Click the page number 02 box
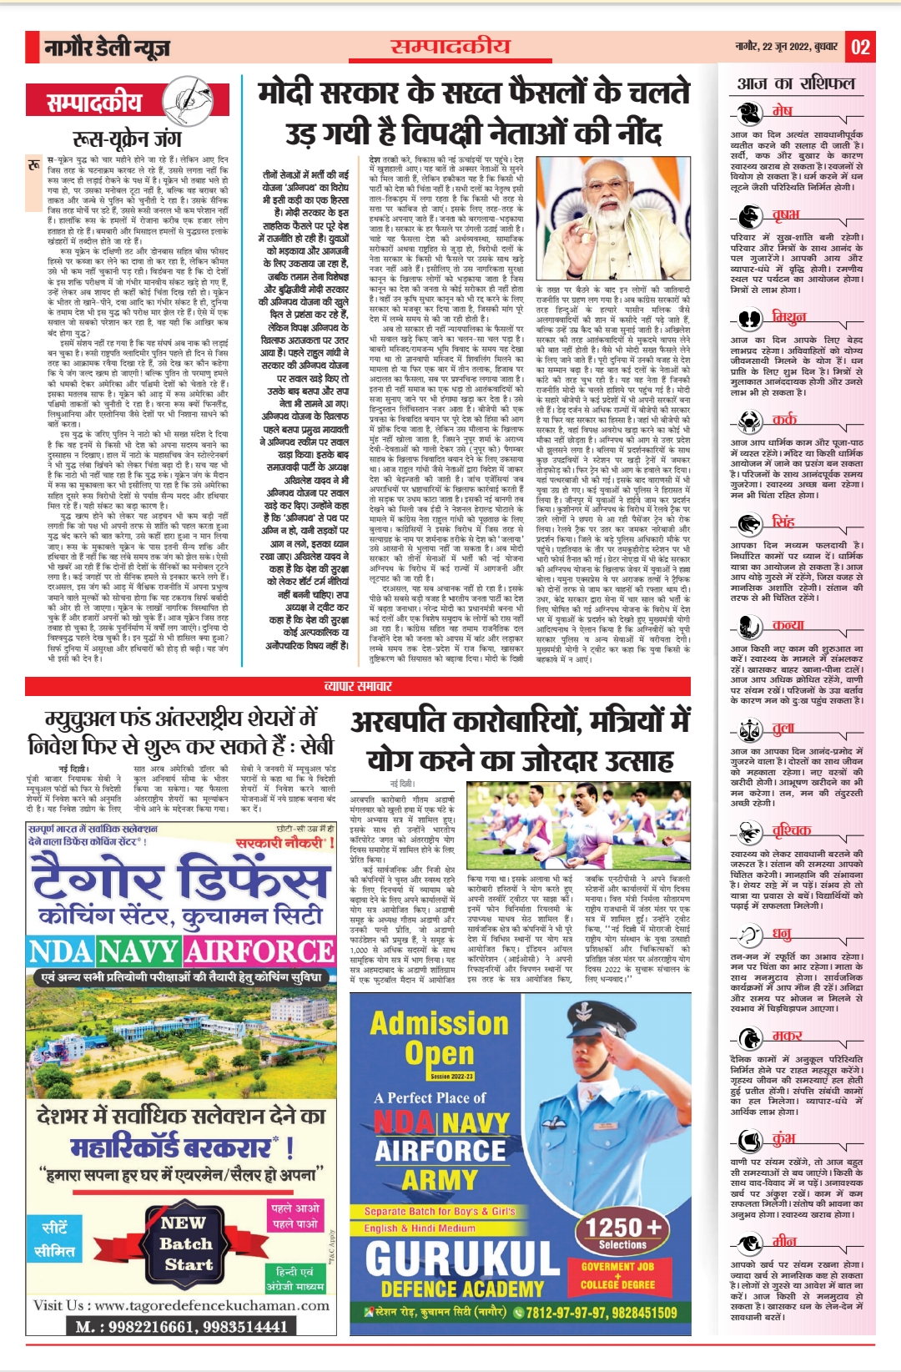point(861,47)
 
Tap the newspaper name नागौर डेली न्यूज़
point(107,48)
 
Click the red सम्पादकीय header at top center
point(450,46)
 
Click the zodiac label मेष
point(782,110)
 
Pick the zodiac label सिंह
point(783,522)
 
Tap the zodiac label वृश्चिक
point(791,830)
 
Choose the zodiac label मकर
point(787,1035)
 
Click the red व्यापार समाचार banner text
point(358,686)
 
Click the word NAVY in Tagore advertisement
point(141,951)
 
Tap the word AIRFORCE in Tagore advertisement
point(259,951)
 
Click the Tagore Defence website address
point(212,1305)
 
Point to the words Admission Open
point(438,1038)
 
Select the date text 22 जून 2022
point(785,47)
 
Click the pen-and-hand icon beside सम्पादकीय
point(185,103)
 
